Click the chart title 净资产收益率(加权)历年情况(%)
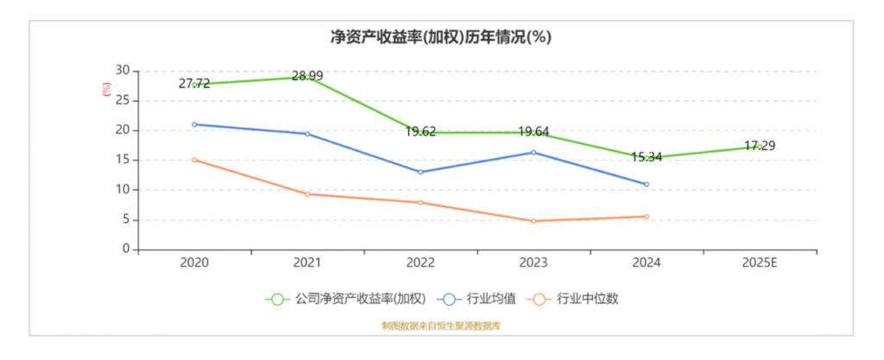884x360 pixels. click(x=441, y=37)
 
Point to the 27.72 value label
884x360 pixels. click(x=194, y=84)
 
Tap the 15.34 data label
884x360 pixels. click(x=646, y=157)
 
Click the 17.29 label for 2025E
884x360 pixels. click(x=759, y=146)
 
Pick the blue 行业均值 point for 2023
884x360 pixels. click(x=534, y=152)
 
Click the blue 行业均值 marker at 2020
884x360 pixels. click(x=194, y=124)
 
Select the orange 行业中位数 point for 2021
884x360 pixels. click(x=307, y=193)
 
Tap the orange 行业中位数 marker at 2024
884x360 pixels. click(x=646, y=217)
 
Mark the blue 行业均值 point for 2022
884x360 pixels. click(x=420, y=172)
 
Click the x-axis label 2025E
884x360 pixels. click(x=759, y=262)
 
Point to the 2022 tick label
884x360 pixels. click(x=420, y=262)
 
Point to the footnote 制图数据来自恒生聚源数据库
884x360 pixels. click(x=441, y=326)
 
